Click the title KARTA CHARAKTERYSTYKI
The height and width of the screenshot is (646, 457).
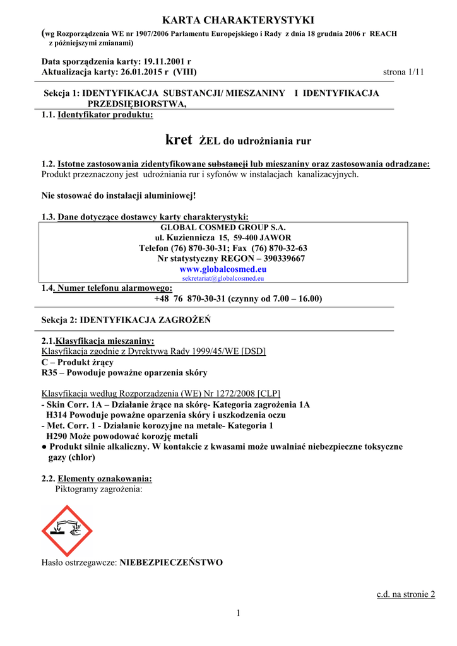tap(228, 21)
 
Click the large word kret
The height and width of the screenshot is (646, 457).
tap(178, 139)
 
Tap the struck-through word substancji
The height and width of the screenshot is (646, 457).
tap(228, 164)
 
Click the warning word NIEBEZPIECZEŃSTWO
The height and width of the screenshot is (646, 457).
tap(171, 562)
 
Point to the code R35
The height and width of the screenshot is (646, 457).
tap(50, 373)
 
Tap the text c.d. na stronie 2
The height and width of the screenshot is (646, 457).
tap(405, 594)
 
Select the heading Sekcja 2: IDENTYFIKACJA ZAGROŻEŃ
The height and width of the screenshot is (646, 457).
tap(126, 320)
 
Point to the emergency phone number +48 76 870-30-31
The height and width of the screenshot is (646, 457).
tap(189, 298)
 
